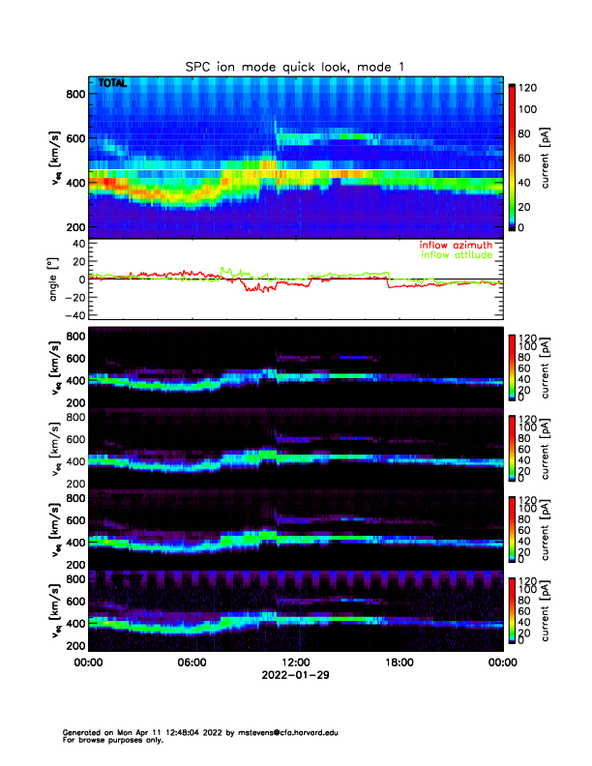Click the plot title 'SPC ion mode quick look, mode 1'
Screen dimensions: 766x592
click(x=295, y=66)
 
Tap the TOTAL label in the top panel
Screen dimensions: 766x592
click(x=112, y=84)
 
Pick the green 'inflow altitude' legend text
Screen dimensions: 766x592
click(x=451, y=256)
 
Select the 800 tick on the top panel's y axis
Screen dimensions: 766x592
click(x=74, y=94)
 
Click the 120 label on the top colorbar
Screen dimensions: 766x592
click(x=530, y=88)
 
